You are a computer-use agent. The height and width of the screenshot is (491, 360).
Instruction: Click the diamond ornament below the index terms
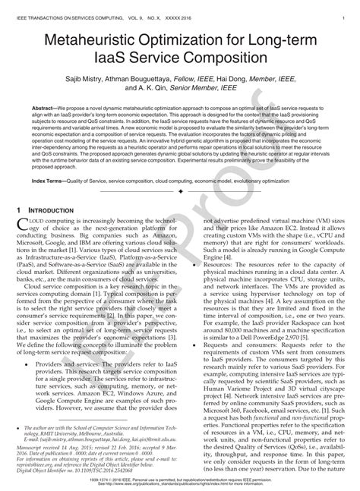(180, 193)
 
